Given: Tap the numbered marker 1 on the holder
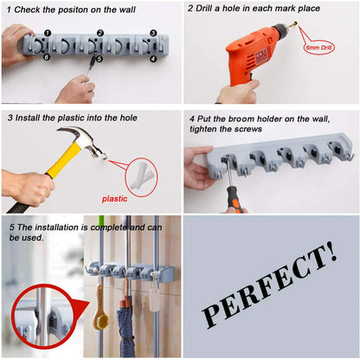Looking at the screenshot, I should point(48,33).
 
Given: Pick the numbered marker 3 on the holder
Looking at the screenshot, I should point(153,34).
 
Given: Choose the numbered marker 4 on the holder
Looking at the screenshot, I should point(152,59).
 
